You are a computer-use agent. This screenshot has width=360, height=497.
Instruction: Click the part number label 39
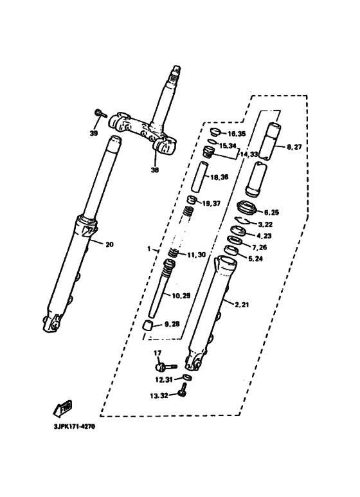pos(94,134)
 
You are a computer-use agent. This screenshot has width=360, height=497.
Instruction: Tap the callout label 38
pos(154,170)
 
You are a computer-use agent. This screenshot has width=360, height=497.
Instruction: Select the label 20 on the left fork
pos(109,244)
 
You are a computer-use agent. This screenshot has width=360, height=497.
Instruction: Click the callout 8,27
pos(294,147)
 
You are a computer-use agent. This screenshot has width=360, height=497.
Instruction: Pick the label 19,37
pos(212,203)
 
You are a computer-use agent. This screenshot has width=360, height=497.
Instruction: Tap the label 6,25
pos(271,212)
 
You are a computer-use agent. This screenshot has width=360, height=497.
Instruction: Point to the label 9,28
pos(172,325)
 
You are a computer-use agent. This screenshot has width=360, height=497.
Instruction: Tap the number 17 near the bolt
pos(157,353)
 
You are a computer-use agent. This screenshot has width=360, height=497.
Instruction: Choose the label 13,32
pos(159,395)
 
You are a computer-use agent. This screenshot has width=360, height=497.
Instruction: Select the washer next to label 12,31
pos(184,378)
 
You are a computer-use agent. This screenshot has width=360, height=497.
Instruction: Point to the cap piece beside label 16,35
pos(217,133)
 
